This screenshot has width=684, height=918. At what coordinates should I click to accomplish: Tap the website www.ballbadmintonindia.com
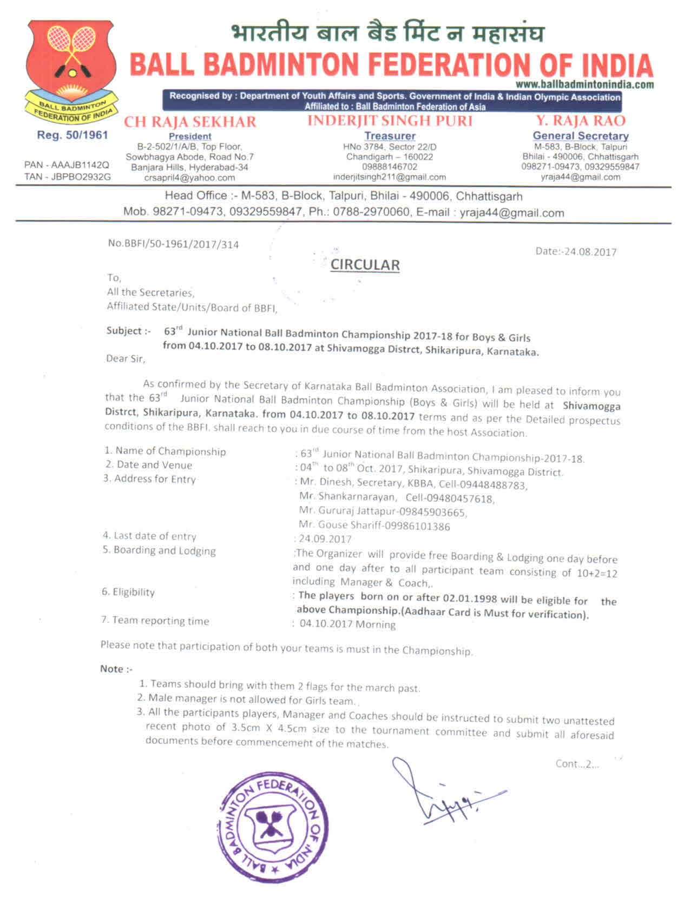tap(584, 84)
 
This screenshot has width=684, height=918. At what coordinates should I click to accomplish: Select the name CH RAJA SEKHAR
tap(190, 122)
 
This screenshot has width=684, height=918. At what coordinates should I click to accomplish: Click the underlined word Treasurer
tap(390, 136)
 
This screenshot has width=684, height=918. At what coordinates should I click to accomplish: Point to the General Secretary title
tap(580, 136)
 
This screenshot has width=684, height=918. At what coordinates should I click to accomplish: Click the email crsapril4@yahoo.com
tap(189, 177)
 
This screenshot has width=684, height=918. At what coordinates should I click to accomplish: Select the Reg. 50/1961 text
tap(73, 135)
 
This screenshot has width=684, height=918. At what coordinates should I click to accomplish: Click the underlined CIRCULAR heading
tap(365, 265)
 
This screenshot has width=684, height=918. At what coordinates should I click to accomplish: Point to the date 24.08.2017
tap(590, 252)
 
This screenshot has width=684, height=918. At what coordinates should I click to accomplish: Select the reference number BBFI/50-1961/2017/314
tap(179, 244)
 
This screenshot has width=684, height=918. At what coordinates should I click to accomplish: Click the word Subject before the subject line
tap(124, 331)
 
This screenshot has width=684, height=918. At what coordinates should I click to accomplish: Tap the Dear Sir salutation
tap(126, 358)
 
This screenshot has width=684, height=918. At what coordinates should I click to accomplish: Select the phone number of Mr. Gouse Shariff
tap(417, 526)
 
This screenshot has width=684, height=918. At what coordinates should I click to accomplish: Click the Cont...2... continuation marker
tap(577, 764)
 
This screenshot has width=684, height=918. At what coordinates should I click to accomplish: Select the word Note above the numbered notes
tap(112, 669)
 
